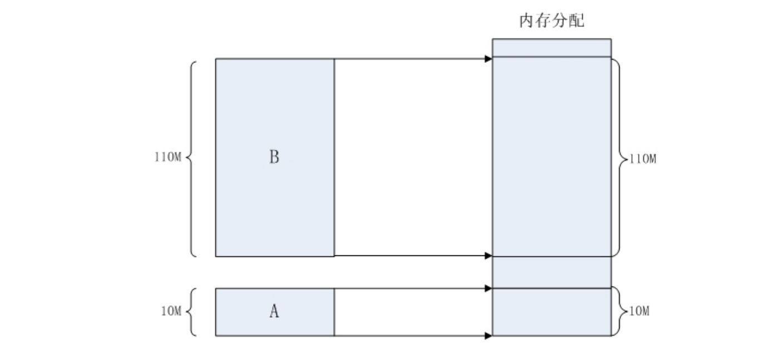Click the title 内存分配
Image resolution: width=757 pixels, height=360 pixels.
click(551, 22)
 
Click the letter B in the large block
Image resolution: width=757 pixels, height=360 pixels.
click(274, 157)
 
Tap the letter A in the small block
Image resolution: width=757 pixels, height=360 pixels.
click(274, 312)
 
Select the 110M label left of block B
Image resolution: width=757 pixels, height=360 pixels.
click(168, 157)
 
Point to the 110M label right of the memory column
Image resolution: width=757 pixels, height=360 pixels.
click(642, 159)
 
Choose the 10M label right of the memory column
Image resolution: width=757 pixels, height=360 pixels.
click(639, 312)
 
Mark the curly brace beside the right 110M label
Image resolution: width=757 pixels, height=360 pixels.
click(617, 158)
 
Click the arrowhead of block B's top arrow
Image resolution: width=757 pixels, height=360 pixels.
click(488, 58)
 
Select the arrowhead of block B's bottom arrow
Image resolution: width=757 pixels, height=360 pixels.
click(488, 256)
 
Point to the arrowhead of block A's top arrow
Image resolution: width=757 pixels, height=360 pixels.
click(488, 288)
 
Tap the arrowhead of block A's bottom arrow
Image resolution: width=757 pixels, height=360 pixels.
click(488, 336)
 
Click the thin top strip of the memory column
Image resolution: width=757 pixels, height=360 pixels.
click(551, 47)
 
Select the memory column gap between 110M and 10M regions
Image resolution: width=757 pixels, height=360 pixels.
click(551, 272)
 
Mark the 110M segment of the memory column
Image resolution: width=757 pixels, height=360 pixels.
click(551, 157)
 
